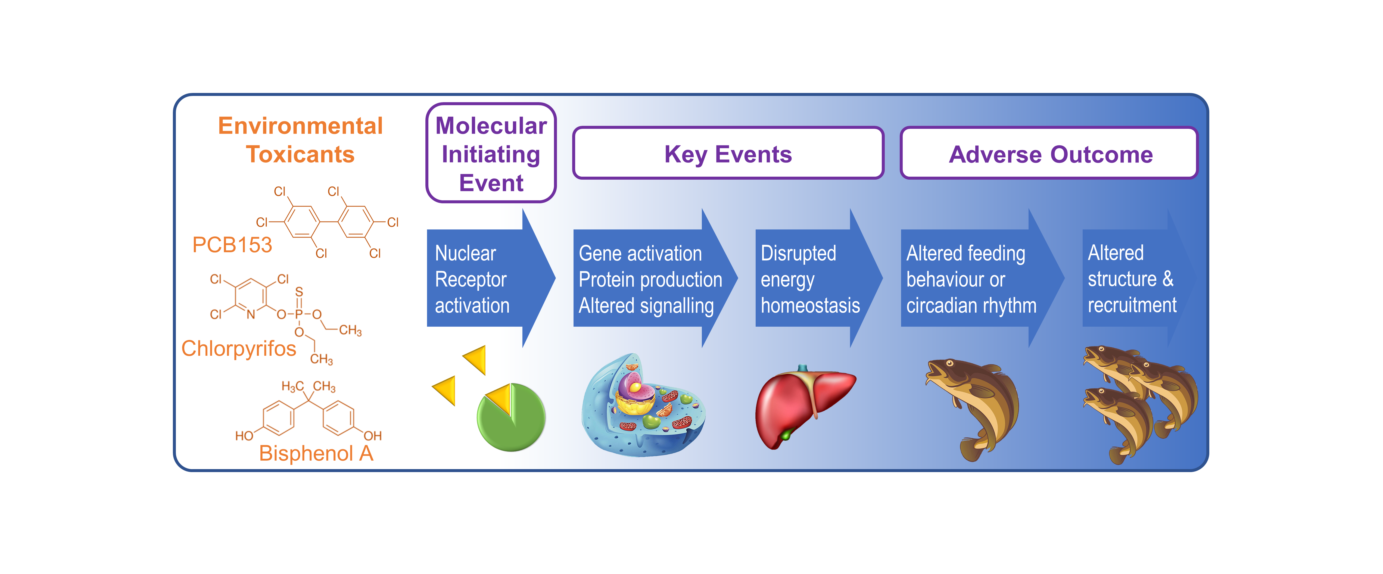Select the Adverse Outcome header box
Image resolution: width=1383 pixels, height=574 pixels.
1049,154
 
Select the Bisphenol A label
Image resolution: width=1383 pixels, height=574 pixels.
316,453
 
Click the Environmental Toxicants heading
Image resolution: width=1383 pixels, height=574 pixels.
300,140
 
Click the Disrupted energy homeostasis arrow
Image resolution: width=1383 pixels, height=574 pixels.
811,278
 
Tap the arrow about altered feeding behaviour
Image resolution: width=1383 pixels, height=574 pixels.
972,278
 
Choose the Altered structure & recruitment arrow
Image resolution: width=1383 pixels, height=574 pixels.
1133,278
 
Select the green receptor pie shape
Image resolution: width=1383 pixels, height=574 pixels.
513,422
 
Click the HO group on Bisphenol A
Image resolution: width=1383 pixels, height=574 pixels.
244,435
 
